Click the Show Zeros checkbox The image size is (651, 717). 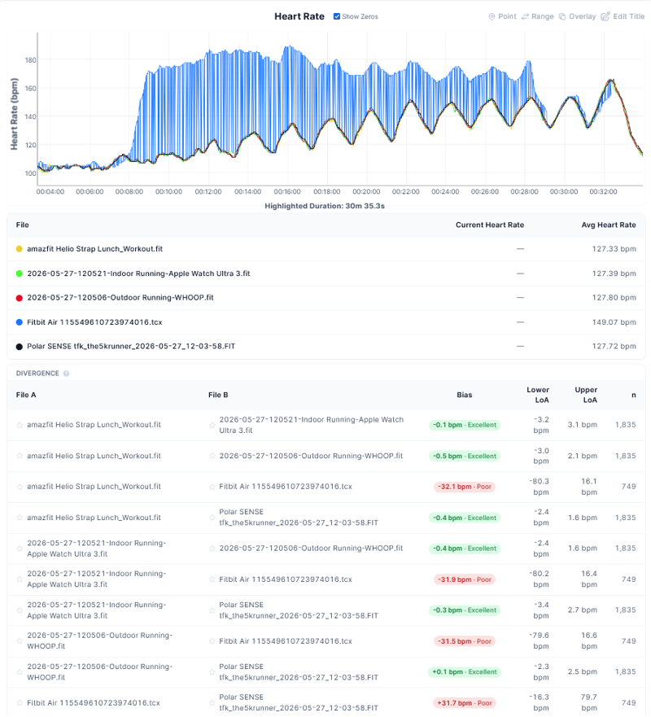[x=336, y=16]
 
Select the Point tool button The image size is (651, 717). [x=502, y=16]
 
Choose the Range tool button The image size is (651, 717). [x=538, y=16]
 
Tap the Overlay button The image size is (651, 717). [x=577, y=16]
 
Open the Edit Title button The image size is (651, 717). [x=623, y=16]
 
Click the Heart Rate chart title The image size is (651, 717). [x=299, y=16]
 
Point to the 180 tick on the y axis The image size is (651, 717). [x=31, y=60]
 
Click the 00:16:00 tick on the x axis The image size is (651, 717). [x=287, y=191]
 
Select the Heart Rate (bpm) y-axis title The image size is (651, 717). [x=15, y=114]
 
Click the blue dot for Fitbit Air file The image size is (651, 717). [x=20, y=322]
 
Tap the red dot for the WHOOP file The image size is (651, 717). [x=20, y=298]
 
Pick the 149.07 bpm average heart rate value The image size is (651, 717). [x=614, y=322]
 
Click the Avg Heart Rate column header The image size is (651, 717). [x=609, y=225]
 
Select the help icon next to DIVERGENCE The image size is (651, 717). [x=66, y=374]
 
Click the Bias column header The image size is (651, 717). [x=465, y=395]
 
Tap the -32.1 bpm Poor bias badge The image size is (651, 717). [x=465, y=487]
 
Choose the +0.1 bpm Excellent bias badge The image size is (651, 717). [x=465, y=672]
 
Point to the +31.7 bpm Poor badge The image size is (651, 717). [x=465, y=703]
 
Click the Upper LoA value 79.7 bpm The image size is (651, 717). [x=588, y=702]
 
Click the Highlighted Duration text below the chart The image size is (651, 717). [x=325, y=206]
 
